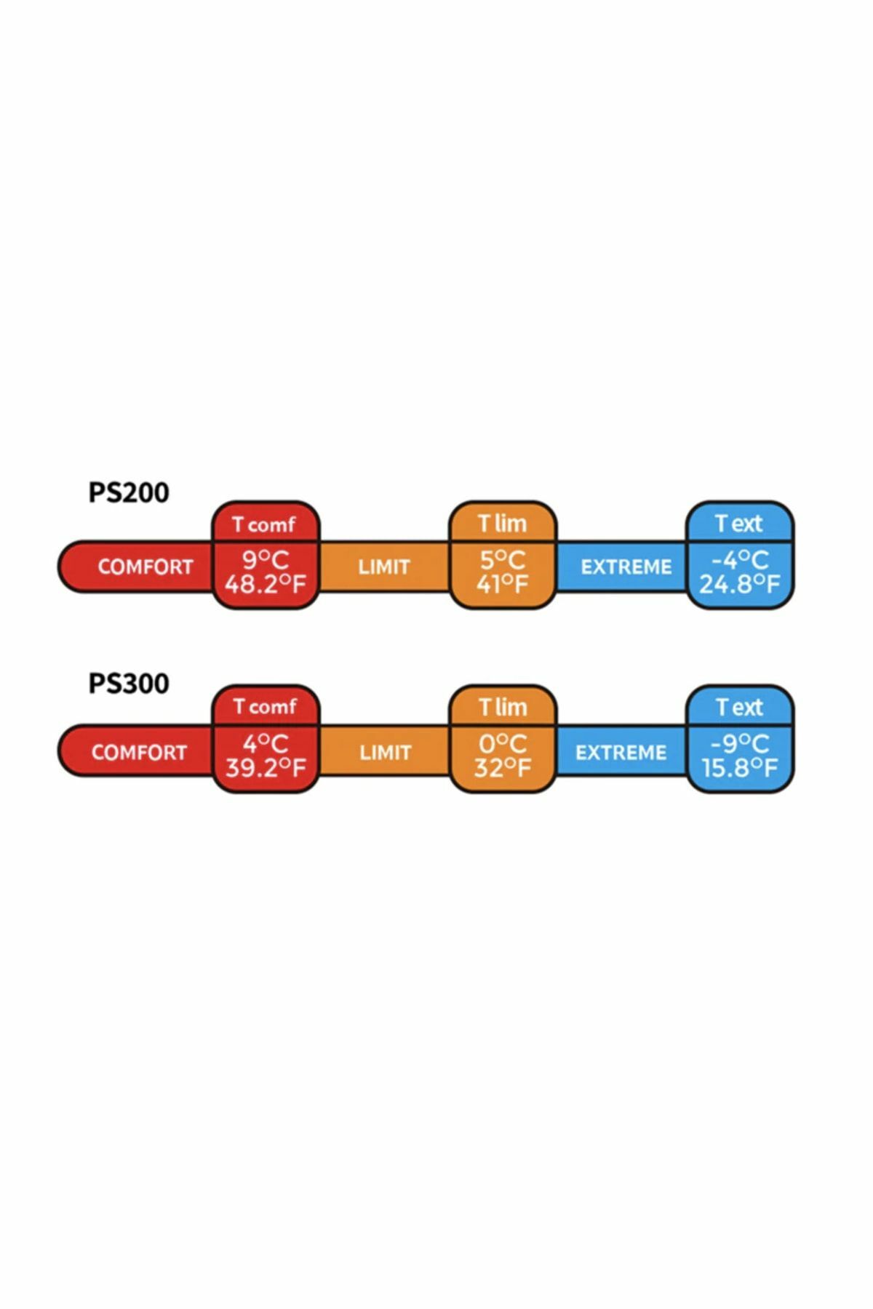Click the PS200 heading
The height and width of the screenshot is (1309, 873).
[129, 492]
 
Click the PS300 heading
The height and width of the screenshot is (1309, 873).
[129, 684]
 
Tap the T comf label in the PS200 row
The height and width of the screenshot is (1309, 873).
[265, 524]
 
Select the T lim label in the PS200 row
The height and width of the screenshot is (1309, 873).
[502, 523]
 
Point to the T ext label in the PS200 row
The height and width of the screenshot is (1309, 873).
[739, 523]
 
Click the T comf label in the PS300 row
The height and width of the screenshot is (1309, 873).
[265, 706]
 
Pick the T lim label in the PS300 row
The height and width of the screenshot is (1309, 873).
[502, 706]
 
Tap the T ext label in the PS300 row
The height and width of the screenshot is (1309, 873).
[739, 706]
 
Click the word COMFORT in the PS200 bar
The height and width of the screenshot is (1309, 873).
[145, 567]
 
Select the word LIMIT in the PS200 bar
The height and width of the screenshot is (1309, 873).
[384, 567]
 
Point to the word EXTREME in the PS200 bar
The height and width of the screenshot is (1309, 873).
[626, 567]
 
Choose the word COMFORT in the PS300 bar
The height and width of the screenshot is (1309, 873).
[139, 752]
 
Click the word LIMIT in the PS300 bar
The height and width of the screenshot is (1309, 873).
[385, 752]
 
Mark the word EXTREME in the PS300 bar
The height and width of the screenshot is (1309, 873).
[621, 752]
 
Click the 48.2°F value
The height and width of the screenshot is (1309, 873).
[265, 583]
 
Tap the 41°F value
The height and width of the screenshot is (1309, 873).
[502, 583]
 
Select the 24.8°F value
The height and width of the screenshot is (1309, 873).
[739, 583]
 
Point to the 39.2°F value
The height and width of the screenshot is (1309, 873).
[265, 767]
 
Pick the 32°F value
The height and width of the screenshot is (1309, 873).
[502, 767]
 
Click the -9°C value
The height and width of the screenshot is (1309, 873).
[739, 743]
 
